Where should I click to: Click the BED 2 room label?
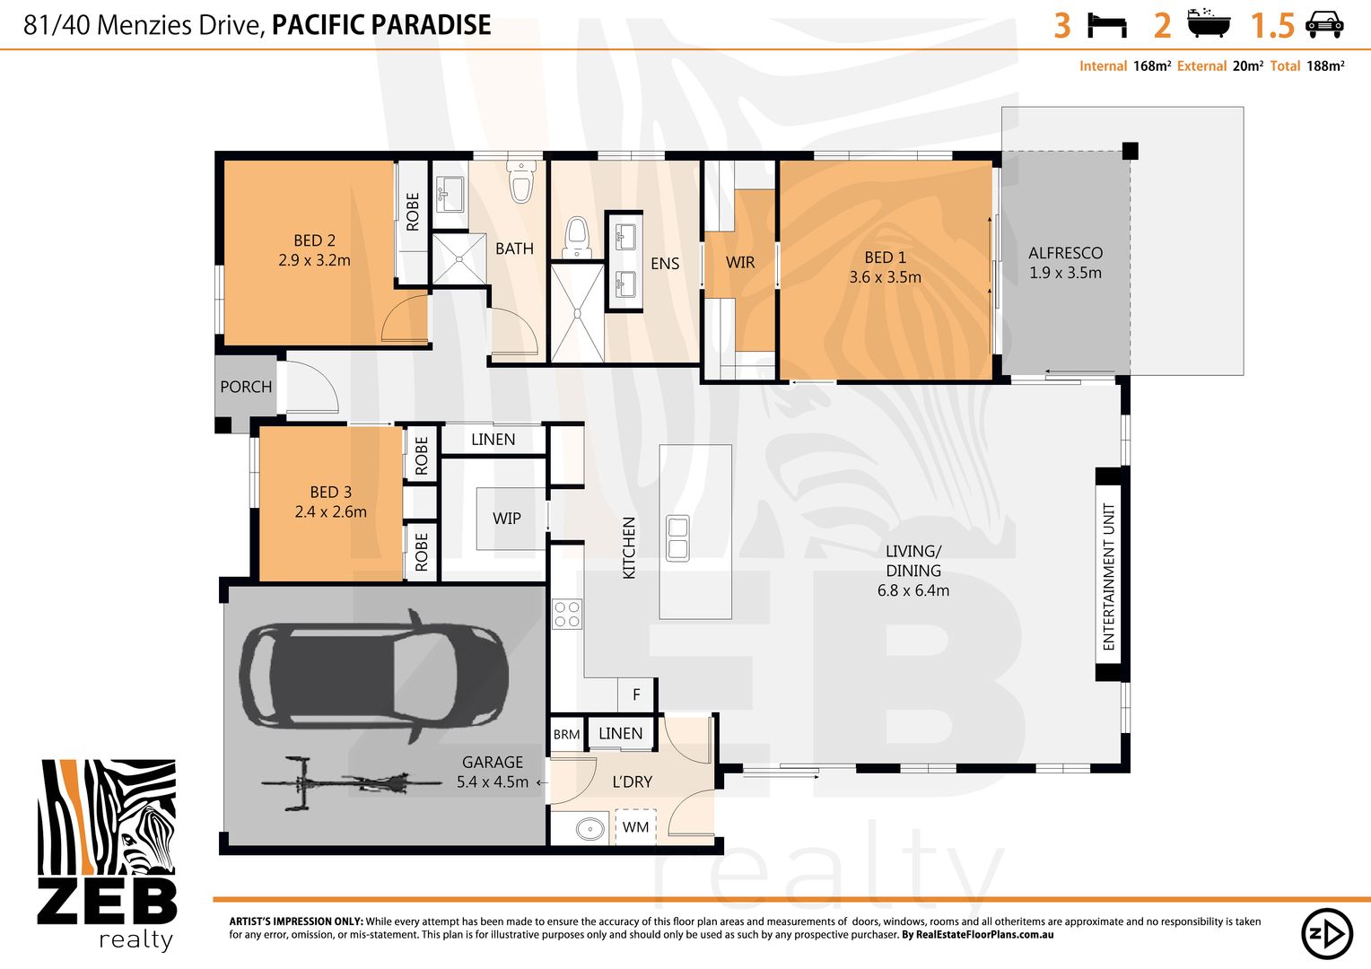[x=314, y=240]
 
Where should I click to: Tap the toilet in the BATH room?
[x=520, y=181]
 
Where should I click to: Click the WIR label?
[x=740, y=262]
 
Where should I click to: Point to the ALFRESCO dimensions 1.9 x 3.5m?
[x=1065, y=273]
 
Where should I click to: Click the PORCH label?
[x=246, y=387]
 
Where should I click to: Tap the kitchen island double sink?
[x=677, y=538]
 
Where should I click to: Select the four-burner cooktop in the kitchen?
[x=567, y=614]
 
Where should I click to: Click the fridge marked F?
[x=636, y=694]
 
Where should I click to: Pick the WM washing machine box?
[x=635, y=827]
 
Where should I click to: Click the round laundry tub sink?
[x=589, y=828]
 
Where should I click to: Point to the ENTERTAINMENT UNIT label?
[x=1109, y=576]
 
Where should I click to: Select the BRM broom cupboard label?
[x=566, y=734]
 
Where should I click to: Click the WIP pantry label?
[x=507, y=519]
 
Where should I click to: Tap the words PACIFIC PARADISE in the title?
[x=381, y=25]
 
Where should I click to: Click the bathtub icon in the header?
[x=1209, y=24]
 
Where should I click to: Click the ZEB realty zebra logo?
[x=107, y=853]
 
